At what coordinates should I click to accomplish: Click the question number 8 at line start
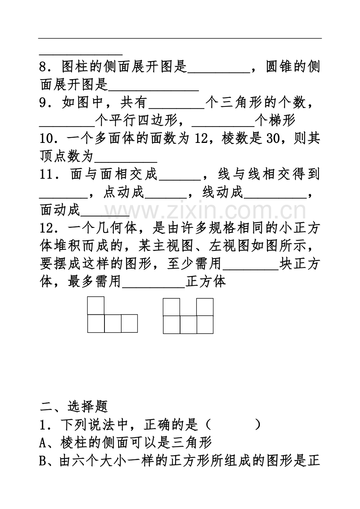click(x=43, y=67)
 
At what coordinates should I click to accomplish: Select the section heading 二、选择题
click(x=74, y=406)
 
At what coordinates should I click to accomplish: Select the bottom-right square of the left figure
click(x=129, y=323)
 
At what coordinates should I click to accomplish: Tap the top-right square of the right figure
click(x=205, y=307)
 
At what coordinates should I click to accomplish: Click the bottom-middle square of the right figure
click(x=188, y=325)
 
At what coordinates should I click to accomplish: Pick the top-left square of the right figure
click(x=171, y=307)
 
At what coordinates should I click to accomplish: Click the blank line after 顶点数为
click(x=126, y=162)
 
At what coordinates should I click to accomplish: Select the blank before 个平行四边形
click(x=67, y=126)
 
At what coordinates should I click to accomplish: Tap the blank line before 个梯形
click(x=223, y=126)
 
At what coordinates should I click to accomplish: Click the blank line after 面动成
click(x=105, y=216)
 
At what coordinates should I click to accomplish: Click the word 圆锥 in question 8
click(x=279, y=67)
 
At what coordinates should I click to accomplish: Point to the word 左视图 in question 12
click(x=230, y=246)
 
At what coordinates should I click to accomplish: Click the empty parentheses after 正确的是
click(x=232, y=424)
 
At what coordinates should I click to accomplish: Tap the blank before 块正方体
click(x=251, y=270)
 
